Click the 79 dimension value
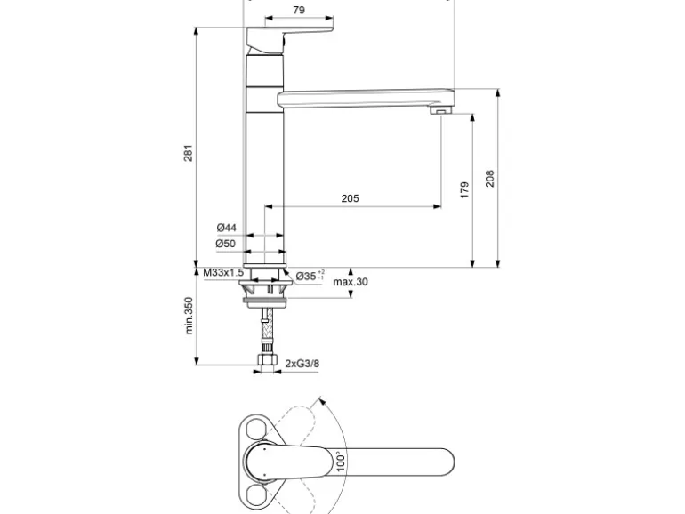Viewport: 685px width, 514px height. click(x=299, y=10)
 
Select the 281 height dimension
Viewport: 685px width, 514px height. click(x=188, y=152)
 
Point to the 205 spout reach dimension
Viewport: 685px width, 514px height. click(x=350, y=198)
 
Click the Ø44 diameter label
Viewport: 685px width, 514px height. click(x=225, y=228)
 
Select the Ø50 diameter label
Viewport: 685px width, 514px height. click(x=225, y=244)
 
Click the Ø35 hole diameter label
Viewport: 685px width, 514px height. click(x=308, y=276)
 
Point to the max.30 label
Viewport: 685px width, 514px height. click(x=351, y=283)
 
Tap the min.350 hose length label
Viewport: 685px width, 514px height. click(x=189, y=315)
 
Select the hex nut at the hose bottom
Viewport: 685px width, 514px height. click(x=264, y=362)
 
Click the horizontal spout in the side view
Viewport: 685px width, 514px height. click(x=365, y=97)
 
